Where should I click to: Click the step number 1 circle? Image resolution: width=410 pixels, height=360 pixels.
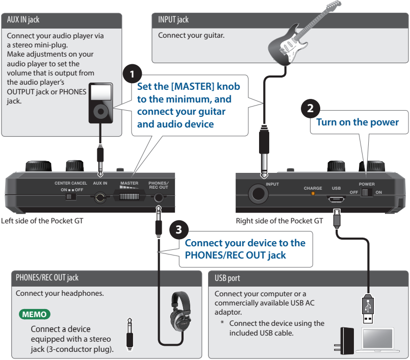click(x=133, y=71)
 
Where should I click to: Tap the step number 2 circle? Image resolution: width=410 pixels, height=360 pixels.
click(x=311, y=108)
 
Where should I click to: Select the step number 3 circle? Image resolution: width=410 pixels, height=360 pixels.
click(x=178, y=229)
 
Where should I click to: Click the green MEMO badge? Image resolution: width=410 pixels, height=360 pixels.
click(x=35, y=313)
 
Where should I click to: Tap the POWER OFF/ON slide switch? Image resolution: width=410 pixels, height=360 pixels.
click(x=366, y=193)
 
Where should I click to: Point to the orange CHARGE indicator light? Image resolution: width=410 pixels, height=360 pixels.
click(x=313, y=194)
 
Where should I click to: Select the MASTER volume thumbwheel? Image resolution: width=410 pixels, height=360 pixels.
click(x=129, y=196)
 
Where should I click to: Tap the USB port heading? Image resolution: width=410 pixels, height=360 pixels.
click(x=228, y=278)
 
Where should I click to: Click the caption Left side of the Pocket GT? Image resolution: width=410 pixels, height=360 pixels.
click(x=42, y=221)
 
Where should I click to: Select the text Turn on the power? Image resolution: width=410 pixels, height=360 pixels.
click(x=357, y=122)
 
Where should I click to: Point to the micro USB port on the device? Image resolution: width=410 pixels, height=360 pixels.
click(x=336, y=197)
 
